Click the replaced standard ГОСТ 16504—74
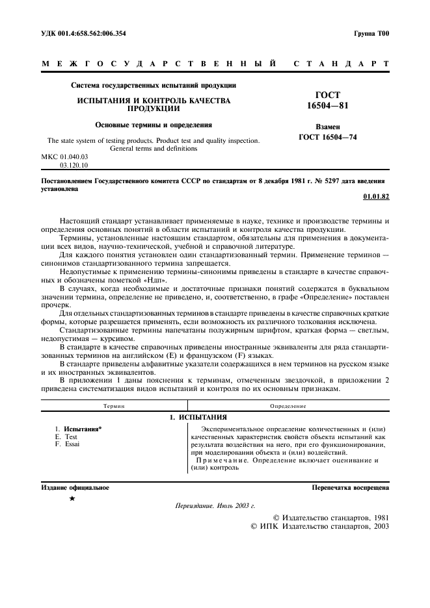click(x=328, y=137)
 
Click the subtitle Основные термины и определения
click(x=154, y=124)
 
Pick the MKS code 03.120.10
click(x=73, y=166)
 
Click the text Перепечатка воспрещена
click(x=351, y=487)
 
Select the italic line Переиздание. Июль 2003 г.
click(x=215, y=505)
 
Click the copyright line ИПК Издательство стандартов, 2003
click(x=319, y=527)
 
